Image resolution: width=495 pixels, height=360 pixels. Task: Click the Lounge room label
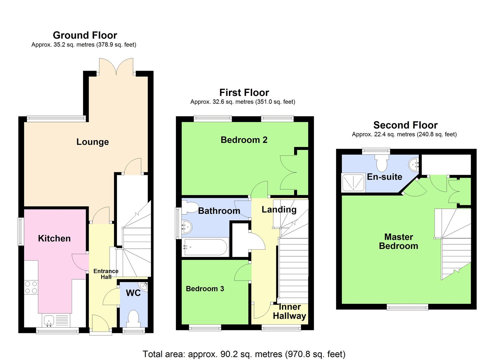click(x=93, y=142)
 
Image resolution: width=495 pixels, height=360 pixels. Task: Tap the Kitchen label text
click(x=54, y=238)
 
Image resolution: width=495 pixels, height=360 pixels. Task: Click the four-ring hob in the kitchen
click(x=31, y=287)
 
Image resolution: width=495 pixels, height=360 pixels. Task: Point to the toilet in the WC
click(x=133, y=319)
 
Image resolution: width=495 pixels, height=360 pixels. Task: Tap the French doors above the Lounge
click(x=116, y=67)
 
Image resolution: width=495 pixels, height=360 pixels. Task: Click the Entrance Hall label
click(x=106, y=274)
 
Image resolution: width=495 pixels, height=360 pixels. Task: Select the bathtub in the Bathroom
click(x=205, y=247)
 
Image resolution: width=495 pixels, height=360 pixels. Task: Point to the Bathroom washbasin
click(x=187, y=227)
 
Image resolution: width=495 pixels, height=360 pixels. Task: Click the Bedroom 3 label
click(x=205, y=289)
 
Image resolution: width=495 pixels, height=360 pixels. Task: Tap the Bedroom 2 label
click(x=244, y=140)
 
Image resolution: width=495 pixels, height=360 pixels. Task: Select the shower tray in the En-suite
click(x=353, y=183)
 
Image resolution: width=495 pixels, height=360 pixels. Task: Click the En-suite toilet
click(x=382, y=163)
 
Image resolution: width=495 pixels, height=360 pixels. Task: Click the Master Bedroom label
click(x=399, y=242)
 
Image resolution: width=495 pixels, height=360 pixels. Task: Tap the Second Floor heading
click(x=406, y=125)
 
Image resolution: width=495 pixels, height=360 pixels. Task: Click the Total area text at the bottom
click(x=244, y=354)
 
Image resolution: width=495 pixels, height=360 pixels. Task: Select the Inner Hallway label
click(x=289, y=311)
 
